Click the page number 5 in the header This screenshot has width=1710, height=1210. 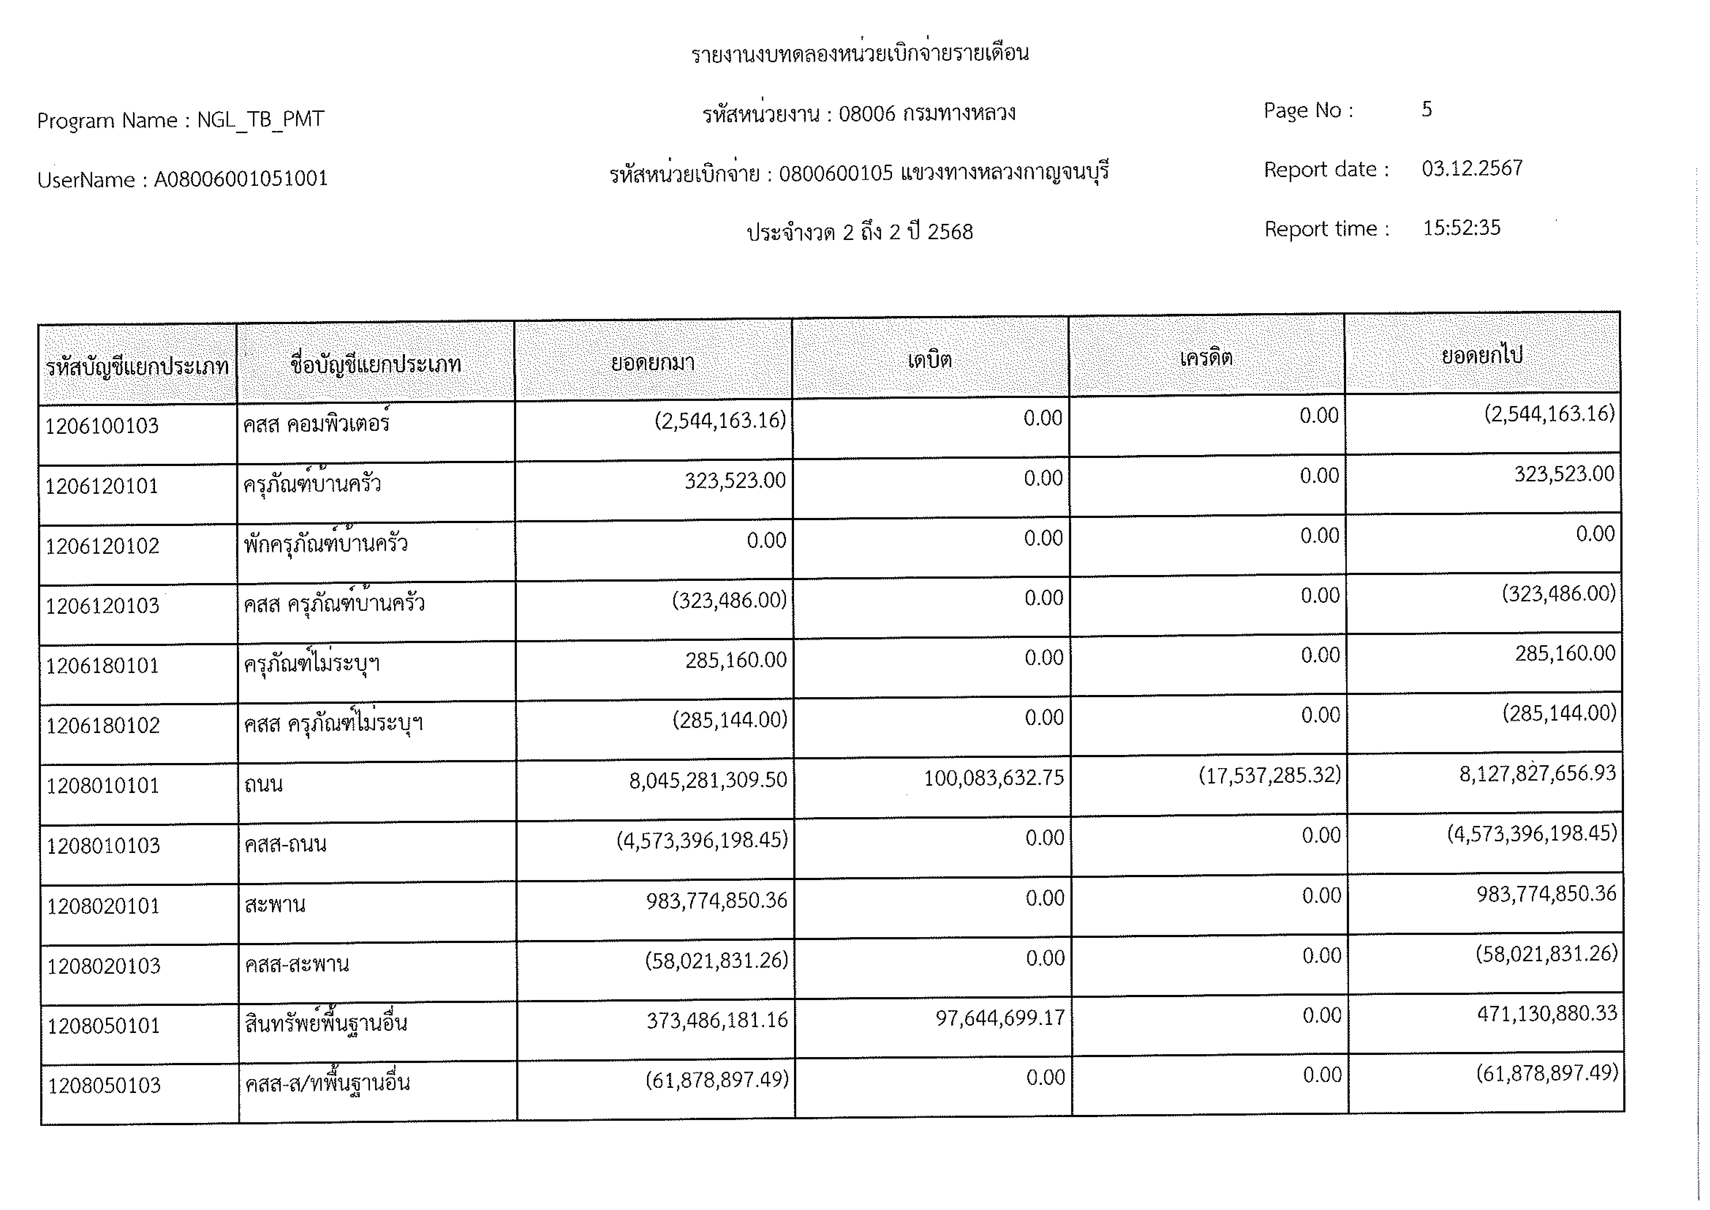tap(1426, 109)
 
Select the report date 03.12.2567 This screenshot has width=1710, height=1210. tap(1472, 169)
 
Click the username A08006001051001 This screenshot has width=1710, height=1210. tap(241, 179)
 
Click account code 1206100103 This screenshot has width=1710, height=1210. tap(102, 426)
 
